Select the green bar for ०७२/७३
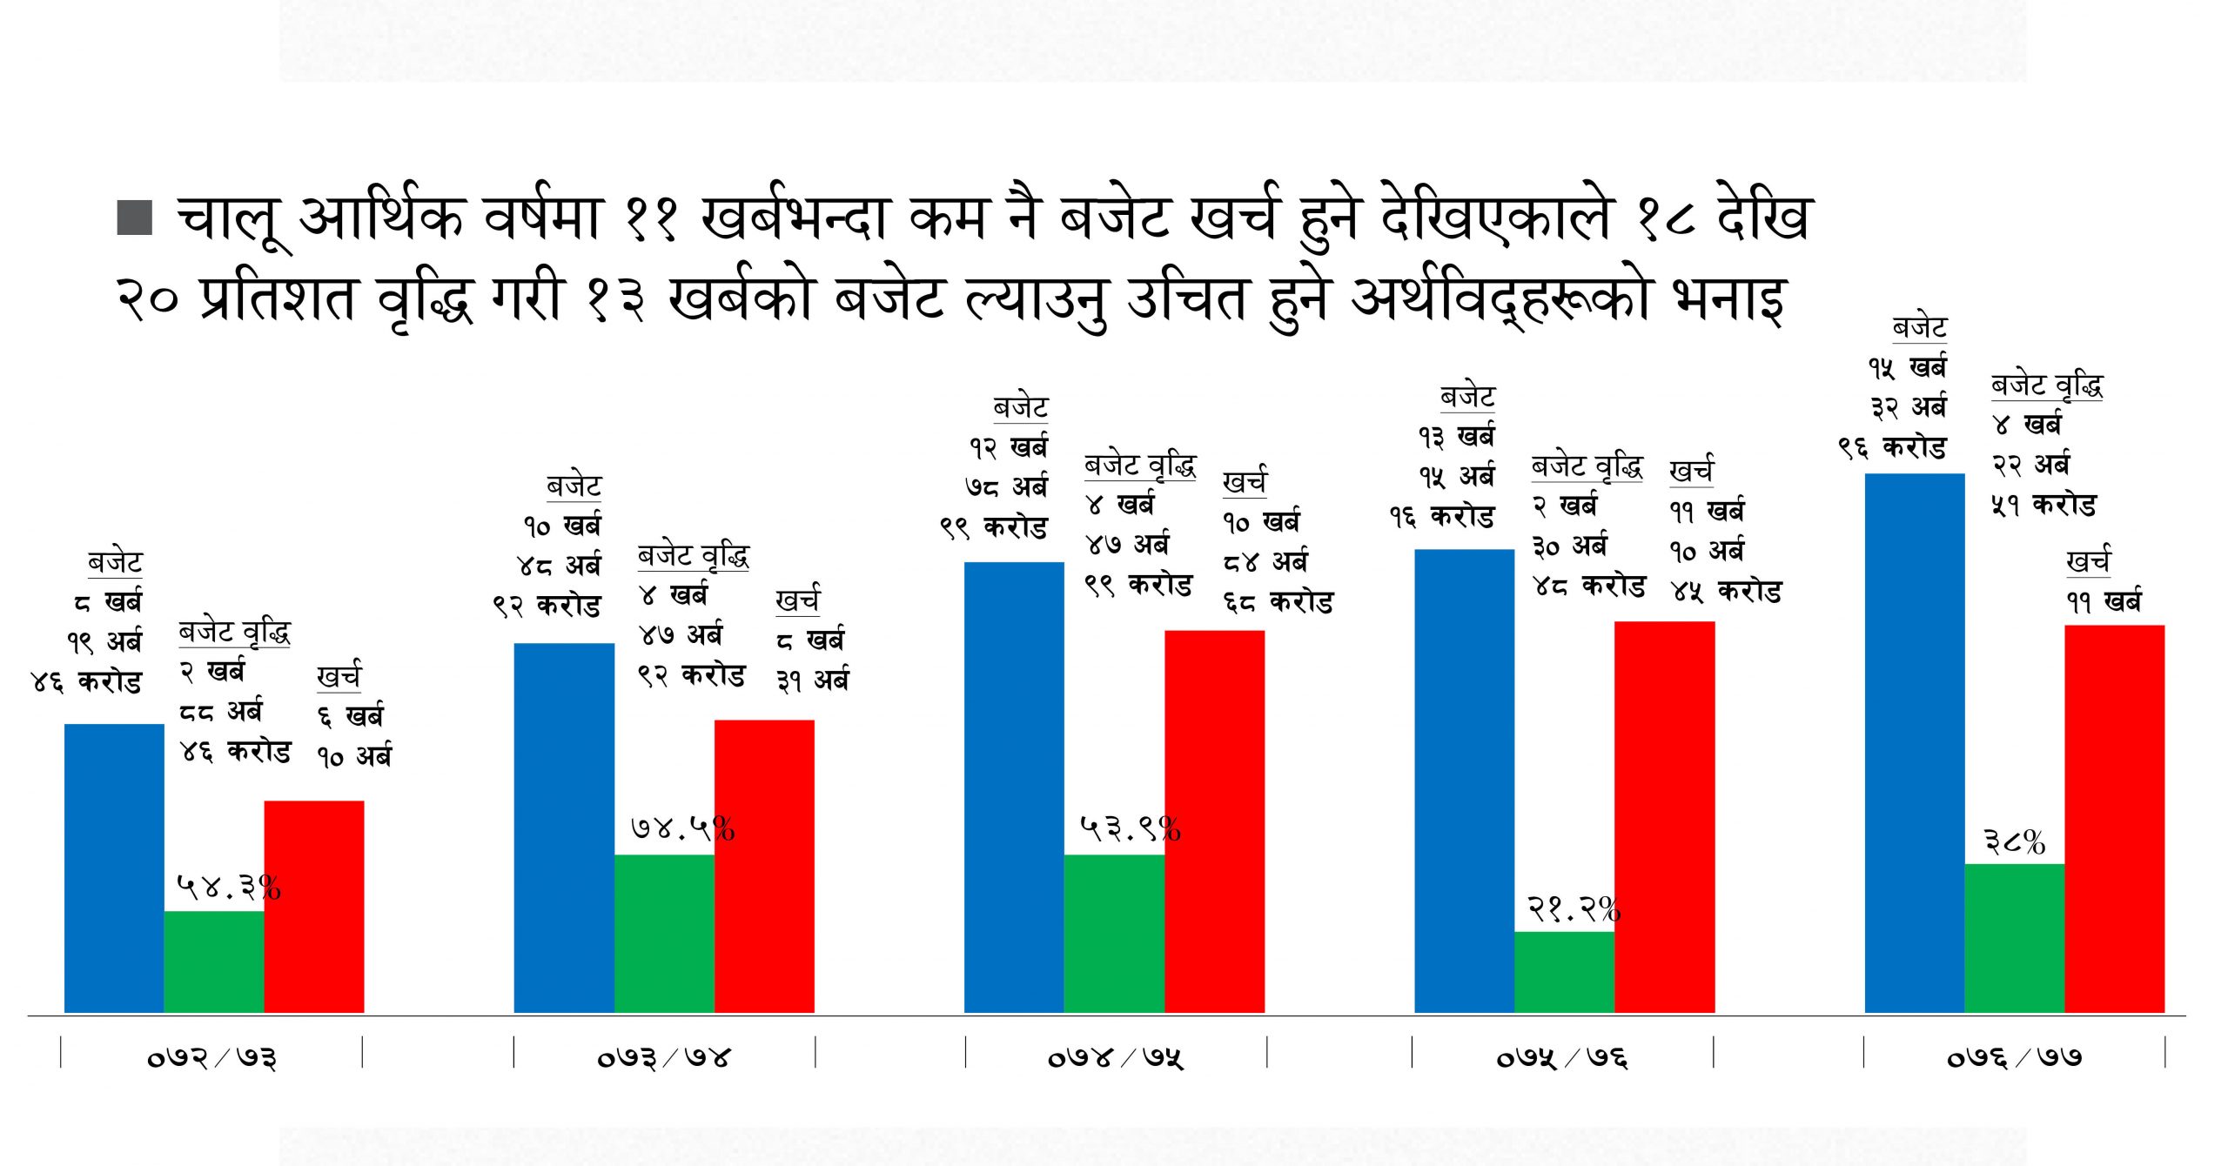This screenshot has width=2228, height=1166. [x=214, y=961]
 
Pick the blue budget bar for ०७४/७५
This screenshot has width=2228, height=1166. [x=1014, y=787]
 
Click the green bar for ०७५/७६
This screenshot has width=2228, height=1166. [x=1564, y=971]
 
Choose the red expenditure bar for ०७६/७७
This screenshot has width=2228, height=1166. [x=2114, y=818]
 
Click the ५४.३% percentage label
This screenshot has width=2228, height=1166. [x=229, y=888]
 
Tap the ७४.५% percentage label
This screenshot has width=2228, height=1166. [x=683, y=828]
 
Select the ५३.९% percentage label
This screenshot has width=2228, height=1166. [x=1131, y=828]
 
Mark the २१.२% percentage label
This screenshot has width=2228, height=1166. [x=1574, y=909]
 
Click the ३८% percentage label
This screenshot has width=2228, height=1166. [x=2015, y=841]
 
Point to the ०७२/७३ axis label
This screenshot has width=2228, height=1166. [x=211, y=1057]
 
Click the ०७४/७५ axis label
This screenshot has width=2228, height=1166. [x=1116, y=1057]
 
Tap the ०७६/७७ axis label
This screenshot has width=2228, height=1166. [x=2014, y=1057]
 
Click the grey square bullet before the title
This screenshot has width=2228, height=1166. [x=135, y=218]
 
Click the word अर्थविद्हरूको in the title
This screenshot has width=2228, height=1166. [x=1501, y=298]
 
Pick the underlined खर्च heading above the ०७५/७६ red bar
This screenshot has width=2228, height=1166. [x=1691, y=471]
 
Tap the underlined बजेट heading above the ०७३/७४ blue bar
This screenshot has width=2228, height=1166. [x=574, y=486]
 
